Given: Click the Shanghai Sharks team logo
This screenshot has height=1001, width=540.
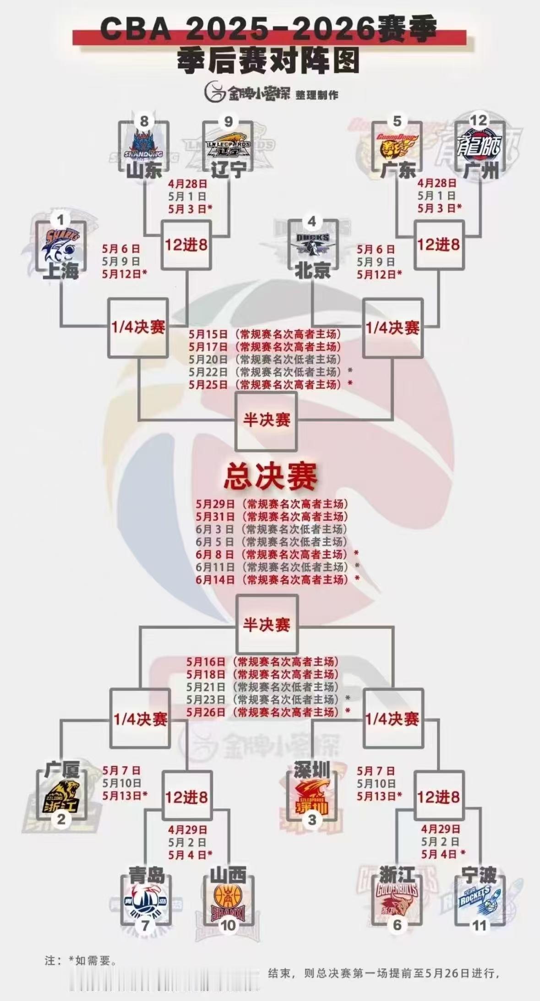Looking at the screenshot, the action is pos(61,245).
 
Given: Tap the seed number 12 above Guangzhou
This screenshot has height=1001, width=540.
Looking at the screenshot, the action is pos(479,120).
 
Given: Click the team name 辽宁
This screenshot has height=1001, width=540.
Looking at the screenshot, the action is pos(228,171).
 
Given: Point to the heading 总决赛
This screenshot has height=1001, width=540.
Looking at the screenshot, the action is pos(270,477).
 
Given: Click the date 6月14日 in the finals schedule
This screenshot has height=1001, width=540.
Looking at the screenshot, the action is pos(215,580).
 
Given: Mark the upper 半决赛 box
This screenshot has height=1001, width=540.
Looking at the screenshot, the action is pos(266,420).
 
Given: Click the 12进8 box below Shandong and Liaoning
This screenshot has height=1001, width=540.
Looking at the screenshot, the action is pos(186,245).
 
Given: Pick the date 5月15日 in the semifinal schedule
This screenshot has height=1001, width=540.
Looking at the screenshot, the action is pos(208,333).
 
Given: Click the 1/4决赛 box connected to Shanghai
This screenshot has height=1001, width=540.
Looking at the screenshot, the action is pos(138,327).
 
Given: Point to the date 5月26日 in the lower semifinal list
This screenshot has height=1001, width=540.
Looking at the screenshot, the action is pos(206,712).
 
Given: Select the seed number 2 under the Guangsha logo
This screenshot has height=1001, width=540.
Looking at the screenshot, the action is pos(61,819).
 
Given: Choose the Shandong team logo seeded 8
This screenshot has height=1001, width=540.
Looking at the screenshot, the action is pos(145,143).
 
